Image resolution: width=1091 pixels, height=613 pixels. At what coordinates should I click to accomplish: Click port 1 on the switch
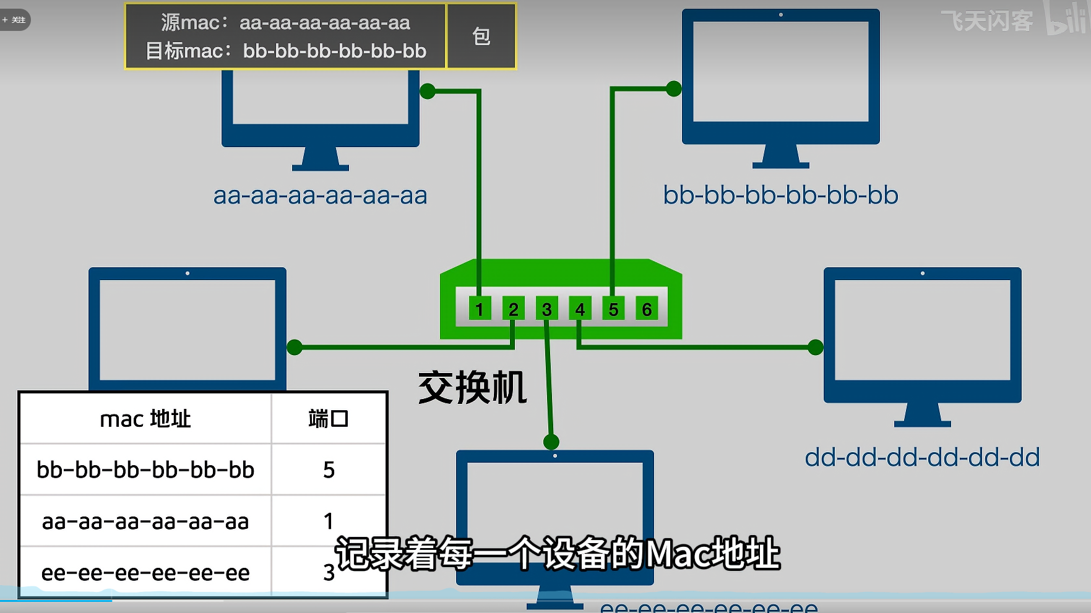point(480,309)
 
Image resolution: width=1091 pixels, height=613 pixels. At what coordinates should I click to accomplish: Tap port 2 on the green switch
point(513,309)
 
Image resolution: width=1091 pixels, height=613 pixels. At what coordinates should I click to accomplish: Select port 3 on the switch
point(546,309)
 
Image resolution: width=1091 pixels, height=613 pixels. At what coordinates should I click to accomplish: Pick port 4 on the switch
point(580,309)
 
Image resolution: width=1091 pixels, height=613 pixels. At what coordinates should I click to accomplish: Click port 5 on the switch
point(613,309)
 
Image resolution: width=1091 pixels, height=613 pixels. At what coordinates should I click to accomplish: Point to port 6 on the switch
point(647,309)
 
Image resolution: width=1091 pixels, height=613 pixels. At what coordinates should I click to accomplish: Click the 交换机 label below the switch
point(472,388)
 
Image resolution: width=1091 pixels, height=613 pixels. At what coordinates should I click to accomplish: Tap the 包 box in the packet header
point(481,36)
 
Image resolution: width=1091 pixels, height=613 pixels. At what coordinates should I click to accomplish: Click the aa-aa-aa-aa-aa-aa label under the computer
point(320,195)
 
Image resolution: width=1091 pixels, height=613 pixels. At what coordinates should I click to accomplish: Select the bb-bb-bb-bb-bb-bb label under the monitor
point(780,195)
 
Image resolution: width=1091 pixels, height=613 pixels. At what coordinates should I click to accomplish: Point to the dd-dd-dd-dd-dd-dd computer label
point(922,458)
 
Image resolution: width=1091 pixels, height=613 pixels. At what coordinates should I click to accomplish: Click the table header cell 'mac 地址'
point(145,419)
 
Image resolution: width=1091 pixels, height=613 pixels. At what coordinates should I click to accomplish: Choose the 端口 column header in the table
point(329,419)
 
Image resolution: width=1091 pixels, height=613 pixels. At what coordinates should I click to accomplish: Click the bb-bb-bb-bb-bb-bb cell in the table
point(145,470)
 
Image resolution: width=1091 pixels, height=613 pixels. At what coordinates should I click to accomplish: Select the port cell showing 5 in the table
point(329,470)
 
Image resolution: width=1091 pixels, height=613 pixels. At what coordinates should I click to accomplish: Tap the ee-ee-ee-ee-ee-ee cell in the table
point(145,573)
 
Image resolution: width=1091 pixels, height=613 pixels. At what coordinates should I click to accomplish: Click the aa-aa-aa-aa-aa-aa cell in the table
point(145,521)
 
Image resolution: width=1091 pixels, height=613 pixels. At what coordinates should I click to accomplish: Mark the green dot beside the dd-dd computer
point(816,347)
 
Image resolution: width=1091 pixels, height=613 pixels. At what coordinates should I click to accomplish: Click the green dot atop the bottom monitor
point(551,442)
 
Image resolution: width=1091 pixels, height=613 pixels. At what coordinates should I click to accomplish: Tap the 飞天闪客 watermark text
point(987,21)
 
